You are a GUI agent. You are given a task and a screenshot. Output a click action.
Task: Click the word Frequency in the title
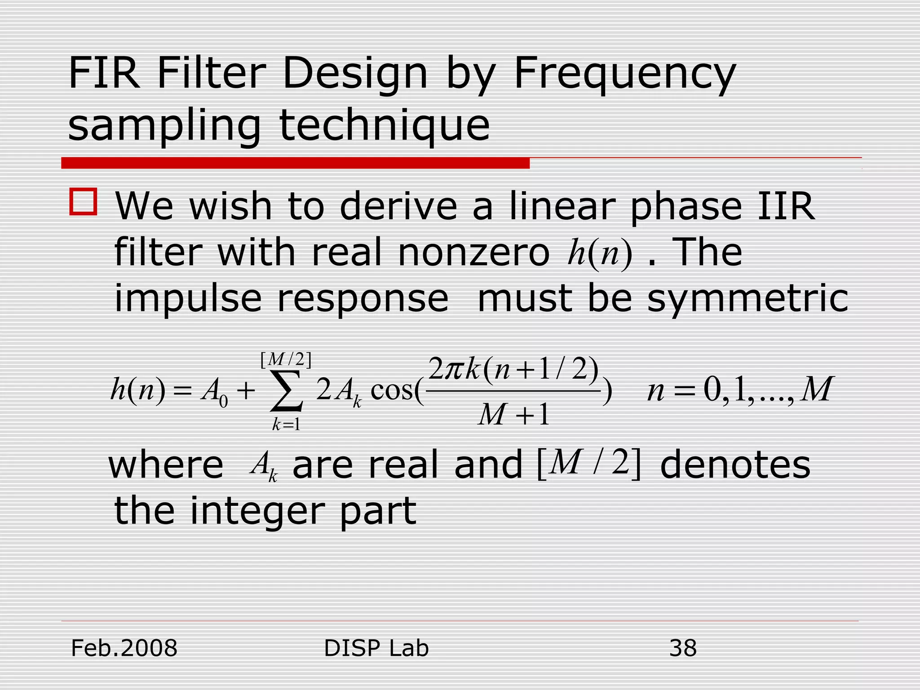pyautogui.click(x=624, y=74)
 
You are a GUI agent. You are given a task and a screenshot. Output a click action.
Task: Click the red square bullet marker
pyautogui.click(x=83, y=202)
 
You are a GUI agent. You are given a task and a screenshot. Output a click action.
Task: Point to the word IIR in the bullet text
pyautogui.click(x=786, y=207)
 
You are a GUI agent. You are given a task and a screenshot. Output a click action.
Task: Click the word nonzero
pyautogui.click(x=473, y=252)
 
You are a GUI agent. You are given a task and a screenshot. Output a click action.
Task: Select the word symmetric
pyautogui.click(x=747, y=299)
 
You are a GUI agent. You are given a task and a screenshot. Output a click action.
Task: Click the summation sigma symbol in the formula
pyautogui.click(x=286, y=391)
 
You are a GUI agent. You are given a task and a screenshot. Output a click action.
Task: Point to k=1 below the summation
pyautogui.click(x=286, y=424)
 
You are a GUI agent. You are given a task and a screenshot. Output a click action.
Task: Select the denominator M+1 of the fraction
pyautogui.click(x=513, y=414)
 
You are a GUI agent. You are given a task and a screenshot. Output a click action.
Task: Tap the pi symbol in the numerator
pyautogui.click(x=454, y=369)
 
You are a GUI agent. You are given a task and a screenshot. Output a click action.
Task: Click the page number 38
pyautogui.click(x=683, y=648)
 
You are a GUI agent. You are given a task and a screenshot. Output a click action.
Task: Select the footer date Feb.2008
pyautogui.click(x=124, y=648)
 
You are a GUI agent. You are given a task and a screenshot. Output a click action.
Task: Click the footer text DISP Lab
pyautogui.click(x=376, y=648)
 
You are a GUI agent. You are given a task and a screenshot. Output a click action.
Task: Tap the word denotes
pyautogui.click(x=735, y=465)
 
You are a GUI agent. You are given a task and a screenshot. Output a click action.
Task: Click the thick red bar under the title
pyautogui.click(x=295, y=163)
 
